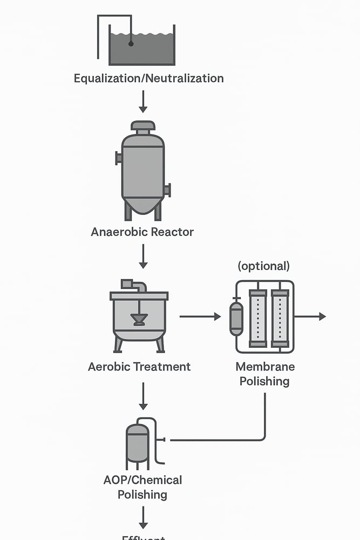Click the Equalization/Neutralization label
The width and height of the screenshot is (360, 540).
148,78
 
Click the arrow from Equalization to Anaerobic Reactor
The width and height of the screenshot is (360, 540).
143,101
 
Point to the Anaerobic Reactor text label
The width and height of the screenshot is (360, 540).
142,232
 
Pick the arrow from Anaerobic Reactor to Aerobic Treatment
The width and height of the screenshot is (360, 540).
143,256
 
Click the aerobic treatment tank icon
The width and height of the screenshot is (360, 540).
139,319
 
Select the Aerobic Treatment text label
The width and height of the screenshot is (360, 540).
139,367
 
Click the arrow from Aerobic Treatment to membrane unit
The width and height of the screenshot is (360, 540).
200,316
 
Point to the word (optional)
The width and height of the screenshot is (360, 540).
264,266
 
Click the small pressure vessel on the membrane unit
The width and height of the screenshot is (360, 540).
236,319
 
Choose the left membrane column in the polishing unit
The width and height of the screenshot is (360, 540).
258,319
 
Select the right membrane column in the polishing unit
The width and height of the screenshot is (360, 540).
280,319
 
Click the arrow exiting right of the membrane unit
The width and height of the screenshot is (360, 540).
310,316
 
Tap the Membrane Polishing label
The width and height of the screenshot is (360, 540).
264,374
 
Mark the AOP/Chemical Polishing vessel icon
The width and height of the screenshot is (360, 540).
138,444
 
